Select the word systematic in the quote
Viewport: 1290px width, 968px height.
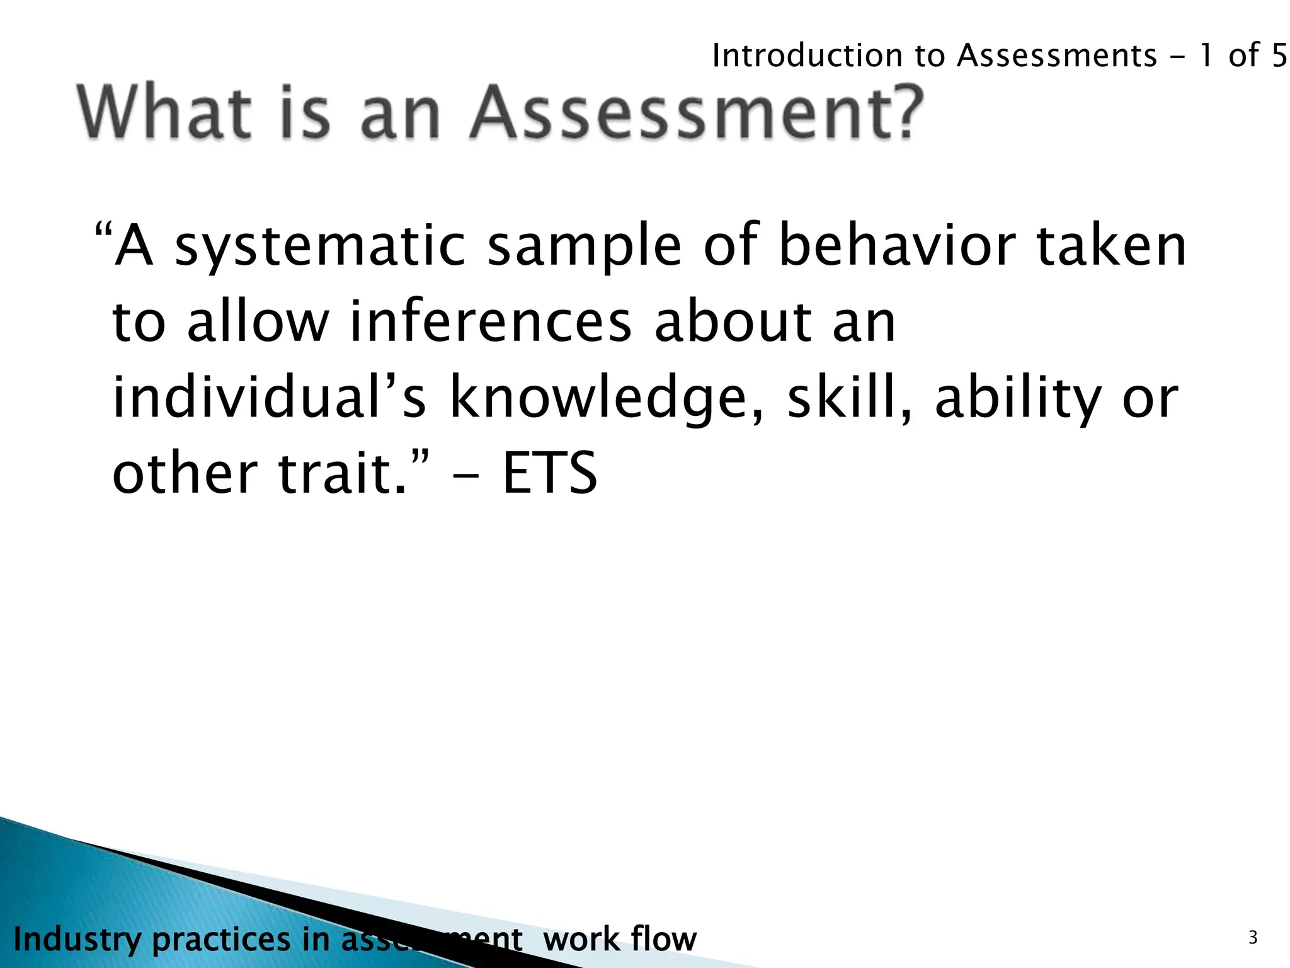click(x=319, y=247)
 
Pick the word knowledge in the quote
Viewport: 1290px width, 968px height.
click(x=598, y=400)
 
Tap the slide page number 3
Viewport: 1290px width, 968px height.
click(x=1253, y=938)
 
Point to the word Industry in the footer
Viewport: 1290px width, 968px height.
click(x=77, y=940)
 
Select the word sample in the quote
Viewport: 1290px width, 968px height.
click(x=585, y=247)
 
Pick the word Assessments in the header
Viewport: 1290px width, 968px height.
click(x=1057, y=55)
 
